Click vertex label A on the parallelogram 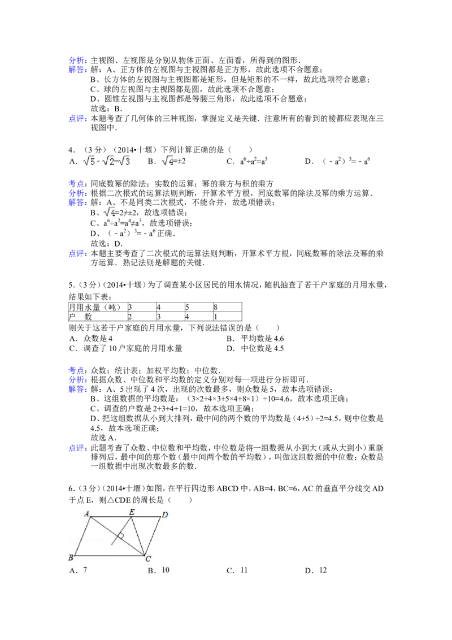[x=86, y=513]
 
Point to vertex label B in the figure [x=70, y=557]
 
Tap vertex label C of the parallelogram [x=147, y=559]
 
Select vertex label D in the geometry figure [x=164, y=514]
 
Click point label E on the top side [x=132, y=512]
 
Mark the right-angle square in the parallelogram [x=120, y=536]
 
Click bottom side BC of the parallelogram [x=107, y=555]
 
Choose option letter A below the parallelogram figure [x=72, y=570]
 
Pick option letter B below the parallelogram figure [x=151, y=570]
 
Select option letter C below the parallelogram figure [x=230, y=570]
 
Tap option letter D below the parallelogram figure [x=309, y=570]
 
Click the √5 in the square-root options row [x=89, y=161]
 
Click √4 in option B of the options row [x=168, y=161]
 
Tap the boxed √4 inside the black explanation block [x=109, y=213]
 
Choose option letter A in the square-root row [x=72, y=161]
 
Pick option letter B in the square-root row [x=151, y=161]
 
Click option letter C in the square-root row [x=230, y=161]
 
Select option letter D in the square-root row [x=309, y=161]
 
